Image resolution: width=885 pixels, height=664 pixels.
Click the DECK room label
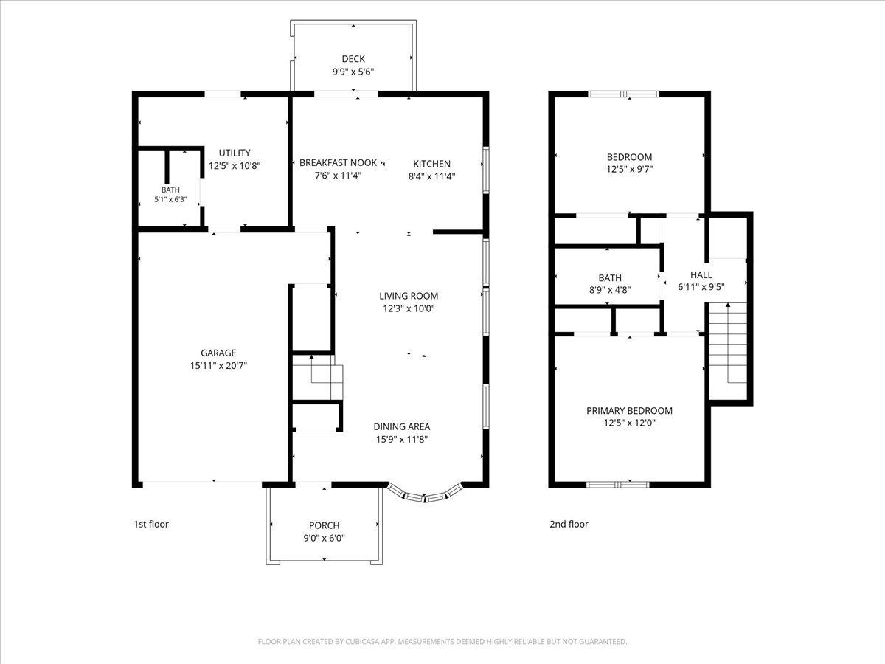[x=353, y=59]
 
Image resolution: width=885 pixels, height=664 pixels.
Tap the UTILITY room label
[x=235, y=153]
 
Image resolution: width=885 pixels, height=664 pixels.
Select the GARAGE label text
[x=218, y=353]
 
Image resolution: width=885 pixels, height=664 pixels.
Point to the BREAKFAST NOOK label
[x=338, y=162]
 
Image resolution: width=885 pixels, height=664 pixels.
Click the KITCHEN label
[x=431, y=164]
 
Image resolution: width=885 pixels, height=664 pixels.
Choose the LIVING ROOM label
[x=409, y=296]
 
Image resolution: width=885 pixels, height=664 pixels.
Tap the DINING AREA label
[x=402, y=426]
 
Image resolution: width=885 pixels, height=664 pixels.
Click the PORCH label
[x=324, y=525]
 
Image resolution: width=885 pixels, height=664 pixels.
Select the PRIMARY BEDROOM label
[x=629, y=410]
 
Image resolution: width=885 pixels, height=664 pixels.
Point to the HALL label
[x=701, y=274]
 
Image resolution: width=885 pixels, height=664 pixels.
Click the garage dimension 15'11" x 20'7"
[x=218, y=366]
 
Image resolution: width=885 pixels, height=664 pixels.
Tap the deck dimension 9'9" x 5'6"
[x=353, y=72]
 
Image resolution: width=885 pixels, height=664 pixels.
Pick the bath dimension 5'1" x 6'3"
[x=170, y=199]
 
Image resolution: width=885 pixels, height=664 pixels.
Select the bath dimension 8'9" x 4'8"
[x=610, y=289]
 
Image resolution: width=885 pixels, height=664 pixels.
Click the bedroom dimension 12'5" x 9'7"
[x=629, y=169]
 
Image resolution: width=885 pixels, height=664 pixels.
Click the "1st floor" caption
[x=151, y=524]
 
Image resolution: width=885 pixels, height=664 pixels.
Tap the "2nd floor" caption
[x=569, y=524]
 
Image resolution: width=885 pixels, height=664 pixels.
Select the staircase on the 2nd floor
[x=728, y=343]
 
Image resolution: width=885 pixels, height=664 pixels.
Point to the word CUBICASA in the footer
[x=362, y=641]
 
